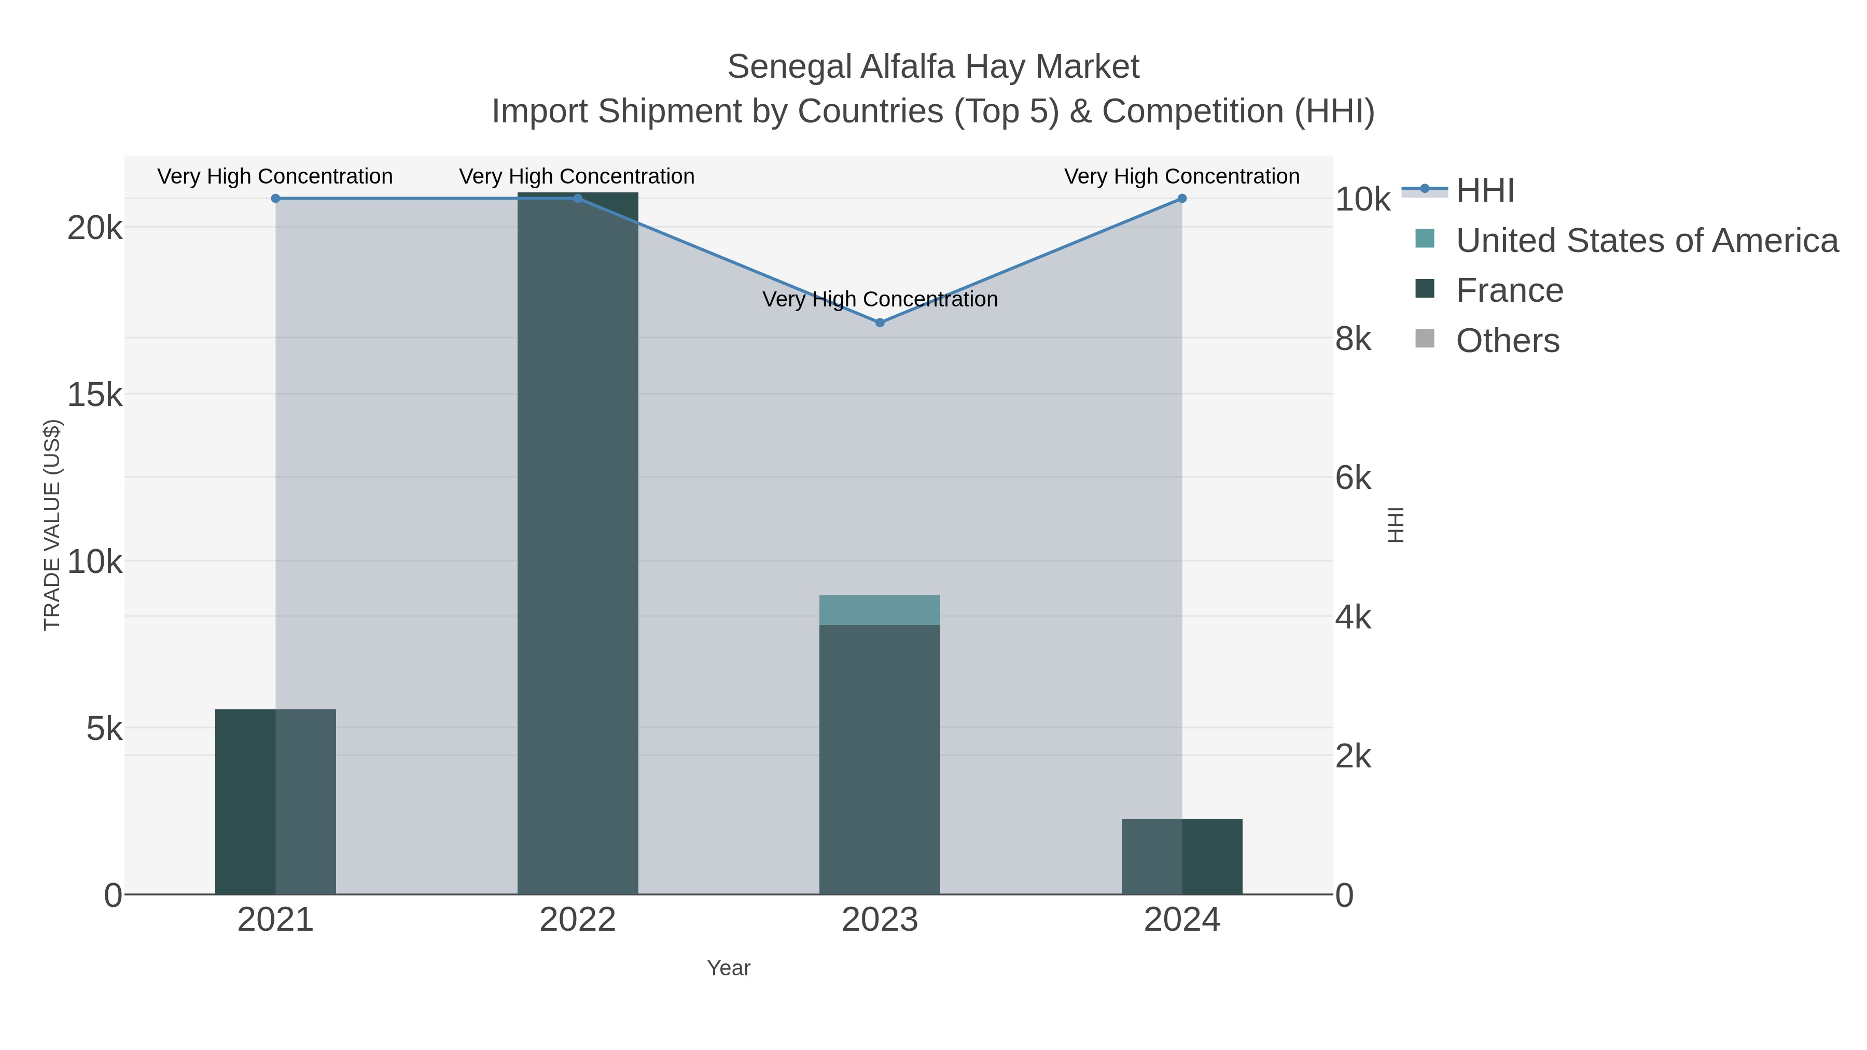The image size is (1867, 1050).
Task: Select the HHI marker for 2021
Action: coord(275,199)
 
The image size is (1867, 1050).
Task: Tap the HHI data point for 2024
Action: coord(1181,199)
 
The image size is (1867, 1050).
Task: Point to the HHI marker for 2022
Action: coord(578,199)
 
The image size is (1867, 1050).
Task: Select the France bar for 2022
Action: coord(578,543)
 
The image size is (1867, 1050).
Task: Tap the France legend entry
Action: coord(1509,290)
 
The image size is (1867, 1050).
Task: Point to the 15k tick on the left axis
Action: coord(95,395)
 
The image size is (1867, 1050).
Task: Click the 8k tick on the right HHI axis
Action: coord(1353,339)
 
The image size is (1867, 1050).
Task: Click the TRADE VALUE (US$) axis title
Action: coord(52,525)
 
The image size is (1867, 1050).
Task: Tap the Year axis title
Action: coord(729,968)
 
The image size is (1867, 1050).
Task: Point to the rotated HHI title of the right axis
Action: coord(1395,525)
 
